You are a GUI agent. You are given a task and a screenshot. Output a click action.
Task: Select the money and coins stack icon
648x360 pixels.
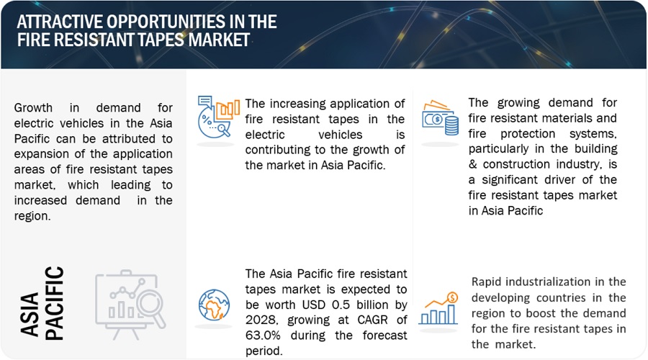(x=440, y=117)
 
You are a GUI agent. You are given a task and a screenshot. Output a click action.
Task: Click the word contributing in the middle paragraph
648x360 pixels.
(x=278, y=150)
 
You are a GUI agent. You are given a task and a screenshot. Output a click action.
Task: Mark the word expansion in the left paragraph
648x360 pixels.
(x=40, y=153)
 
